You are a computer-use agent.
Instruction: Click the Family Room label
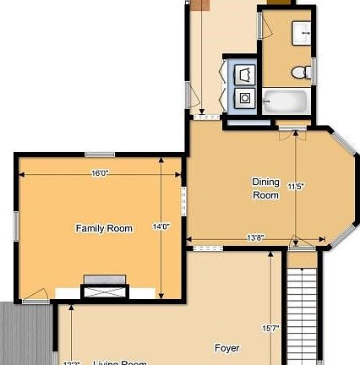104,228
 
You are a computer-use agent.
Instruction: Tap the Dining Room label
265,188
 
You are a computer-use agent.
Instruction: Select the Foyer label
226,347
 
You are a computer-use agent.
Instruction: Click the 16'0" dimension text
100,173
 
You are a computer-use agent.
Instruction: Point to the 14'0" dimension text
161,226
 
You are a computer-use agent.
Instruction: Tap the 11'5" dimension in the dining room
295,186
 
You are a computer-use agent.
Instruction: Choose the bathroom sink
303,33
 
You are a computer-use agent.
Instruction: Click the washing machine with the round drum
245,98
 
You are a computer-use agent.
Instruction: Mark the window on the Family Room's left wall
15,226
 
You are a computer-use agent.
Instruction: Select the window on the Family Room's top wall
100,154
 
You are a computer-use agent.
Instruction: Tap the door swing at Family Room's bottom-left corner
35,295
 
